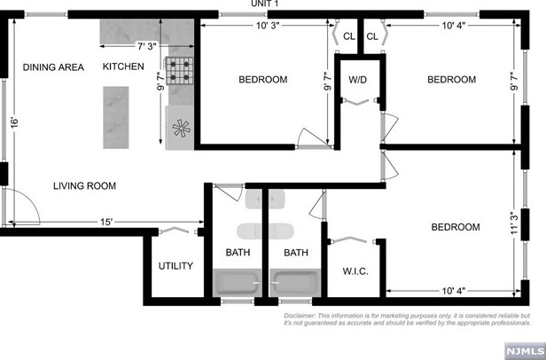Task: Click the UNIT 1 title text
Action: pos(265,4)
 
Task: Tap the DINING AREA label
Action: pos(52,67)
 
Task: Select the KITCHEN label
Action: pos(123,67)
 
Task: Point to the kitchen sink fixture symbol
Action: pos(180,128)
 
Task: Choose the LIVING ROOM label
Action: pos(84,186)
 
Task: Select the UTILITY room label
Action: pos(175,266)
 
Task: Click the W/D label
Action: pos(358,80)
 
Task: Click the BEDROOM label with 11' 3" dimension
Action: pos(456,228)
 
